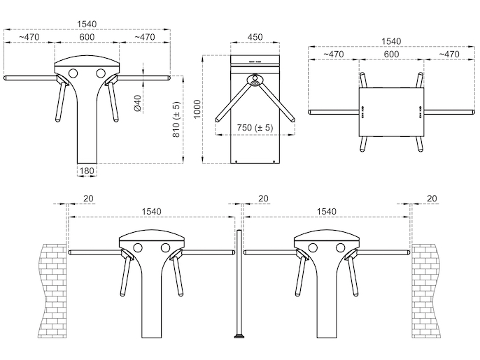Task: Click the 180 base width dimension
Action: coord(87,171)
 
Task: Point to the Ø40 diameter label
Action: coord(138,103)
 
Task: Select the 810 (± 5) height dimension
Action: coord(176,120)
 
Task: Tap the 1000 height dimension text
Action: coord(197,109)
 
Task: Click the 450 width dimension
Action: coord(255,37)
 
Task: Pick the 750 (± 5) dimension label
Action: coord(255,127)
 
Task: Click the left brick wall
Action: coord(52,291)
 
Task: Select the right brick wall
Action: coord(425,291)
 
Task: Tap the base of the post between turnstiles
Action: coord(239,337)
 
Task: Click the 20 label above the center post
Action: coord(263,199)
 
